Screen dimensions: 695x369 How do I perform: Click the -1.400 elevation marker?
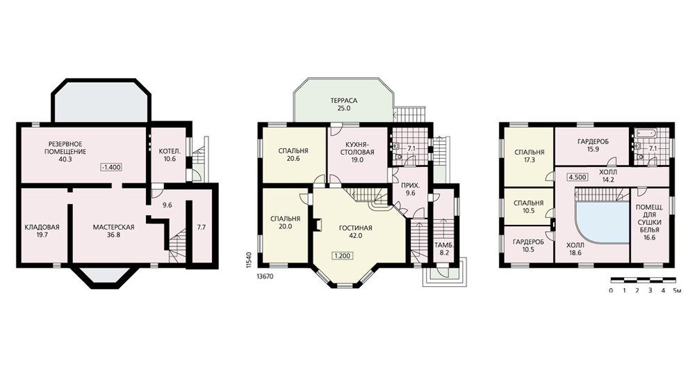(x=111, y=167)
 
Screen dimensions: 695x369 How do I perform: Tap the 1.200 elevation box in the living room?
(x=342, y=256)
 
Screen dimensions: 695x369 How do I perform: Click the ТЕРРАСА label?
(x=343, y=100)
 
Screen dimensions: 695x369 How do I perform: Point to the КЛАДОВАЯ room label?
(x=42, y=227)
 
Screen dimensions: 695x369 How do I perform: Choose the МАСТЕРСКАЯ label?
(x=113, y=227)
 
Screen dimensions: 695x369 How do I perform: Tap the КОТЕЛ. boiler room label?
(x=170, y=150)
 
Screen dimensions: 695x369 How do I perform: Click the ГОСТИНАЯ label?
(x=355, y=228)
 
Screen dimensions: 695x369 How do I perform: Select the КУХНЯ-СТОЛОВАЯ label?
(x=357, y=148)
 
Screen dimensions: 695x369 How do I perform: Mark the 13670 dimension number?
(x=265, y=276)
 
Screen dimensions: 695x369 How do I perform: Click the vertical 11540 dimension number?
(x=249, y=260)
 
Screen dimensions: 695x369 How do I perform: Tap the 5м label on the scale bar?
(x=677, y=290)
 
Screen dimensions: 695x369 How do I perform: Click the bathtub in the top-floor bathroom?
(x=644, y=132)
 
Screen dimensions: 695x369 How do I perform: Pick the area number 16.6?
(x=649, y=237)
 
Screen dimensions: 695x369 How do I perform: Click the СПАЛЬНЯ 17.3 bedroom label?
(x=529, y=156)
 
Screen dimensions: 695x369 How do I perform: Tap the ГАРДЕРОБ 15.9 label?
(x=593, y=146)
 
